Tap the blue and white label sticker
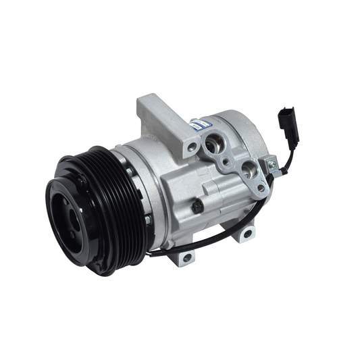[197, 126]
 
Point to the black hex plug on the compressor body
[197, 206]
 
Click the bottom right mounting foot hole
[247, 233]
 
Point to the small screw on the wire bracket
[272, 164]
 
